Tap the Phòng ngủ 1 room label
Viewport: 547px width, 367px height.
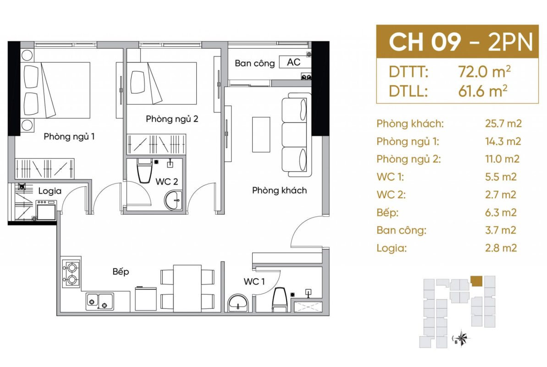pyautogui.click(x=69, y=137)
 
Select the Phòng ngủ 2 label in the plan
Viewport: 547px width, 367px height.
pyautogui.click(x=172, y=119)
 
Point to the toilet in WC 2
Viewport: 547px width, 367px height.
pyautogui.click(x=144, y=171)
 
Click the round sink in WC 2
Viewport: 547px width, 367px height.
pyautogui.click(x=173, y=200)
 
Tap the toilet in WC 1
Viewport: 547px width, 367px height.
pyautogui.click(x=280, y=299)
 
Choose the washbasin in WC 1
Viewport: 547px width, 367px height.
pyautogui.click(x=238, y=302)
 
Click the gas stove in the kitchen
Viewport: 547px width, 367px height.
pyautogui.click(x=71, y=273)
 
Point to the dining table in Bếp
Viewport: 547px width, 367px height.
pyautogui.click(x=188, y=289)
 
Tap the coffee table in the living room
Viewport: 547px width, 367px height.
pyautogui.click(x=261, y=134)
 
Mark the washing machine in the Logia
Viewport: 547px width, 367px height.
pyautogui.click(x=46, y=210)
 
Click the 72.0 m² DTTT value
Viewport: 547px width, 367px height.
pyautogui.click(x=484, y=72)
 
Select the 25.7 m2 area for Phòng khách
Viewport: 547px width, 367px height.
pyautogui.click(x=503, y=123)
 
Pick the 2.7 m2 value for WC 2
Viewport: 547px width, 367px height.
pyautogui.click(x=500, y=195)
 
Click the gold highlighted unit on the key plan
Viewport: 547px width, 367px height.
pyautogui.click(x=476, y=281)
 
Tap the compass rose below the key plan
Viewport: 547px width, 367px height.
pyautogui.click(x=461, y=338)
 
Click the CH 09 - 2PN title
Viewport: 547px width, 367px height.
pyautogui.click(x=460, y=42)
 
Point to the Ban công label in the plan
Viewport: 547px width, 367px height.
pyautogui.click(x=254, y=63)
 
